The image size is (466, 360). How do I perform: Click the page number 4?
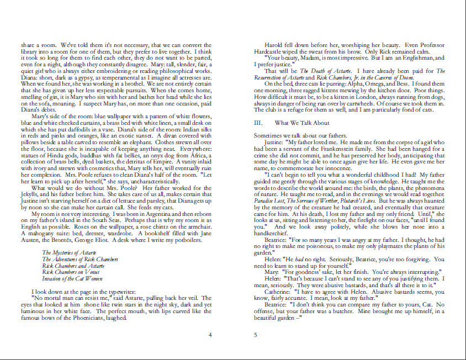tap(210, 335)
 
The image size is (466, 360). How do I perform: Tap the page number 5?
tap(256, 335)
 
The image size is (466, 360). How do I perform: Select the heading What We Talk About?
tap(301, 123)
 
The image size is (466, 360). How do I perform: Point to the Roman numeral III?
tap(258, 123)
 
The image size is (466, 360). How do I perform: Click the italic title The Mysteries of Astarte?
tap(69, 252)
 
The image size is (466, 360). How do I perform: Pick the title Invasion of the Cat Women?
tap(72, 279)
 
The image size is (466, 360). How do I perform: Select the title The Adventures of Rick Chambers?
tap(80, 259)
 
